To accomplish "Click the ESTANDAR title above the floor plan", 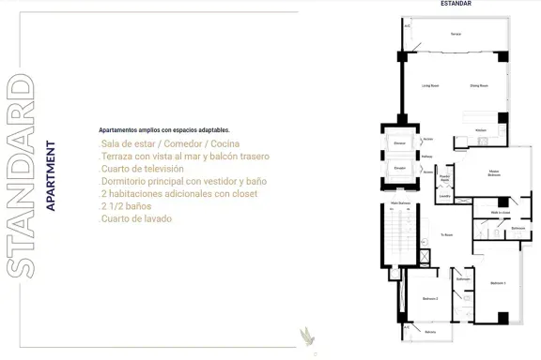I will [456, 4].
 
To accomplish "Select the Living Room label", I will [431, 85].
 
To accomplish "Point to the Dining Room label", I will [478, 85].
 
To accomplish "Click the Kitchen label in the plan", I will [481, 129].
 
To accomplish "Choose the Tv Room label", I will [446, 235].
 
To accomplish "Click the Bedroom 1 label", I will [498, 281].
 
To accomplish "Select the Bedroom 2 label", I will [430, 298].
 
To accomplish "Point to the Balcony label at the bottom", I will [429, 332].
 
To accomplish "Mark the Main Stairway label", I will [395, 202].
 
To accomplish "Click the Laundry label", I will [445, 196].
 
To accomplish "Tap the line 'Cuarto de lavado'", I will [136, 218].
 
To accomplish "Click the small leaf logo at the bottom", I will [304, 335].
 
